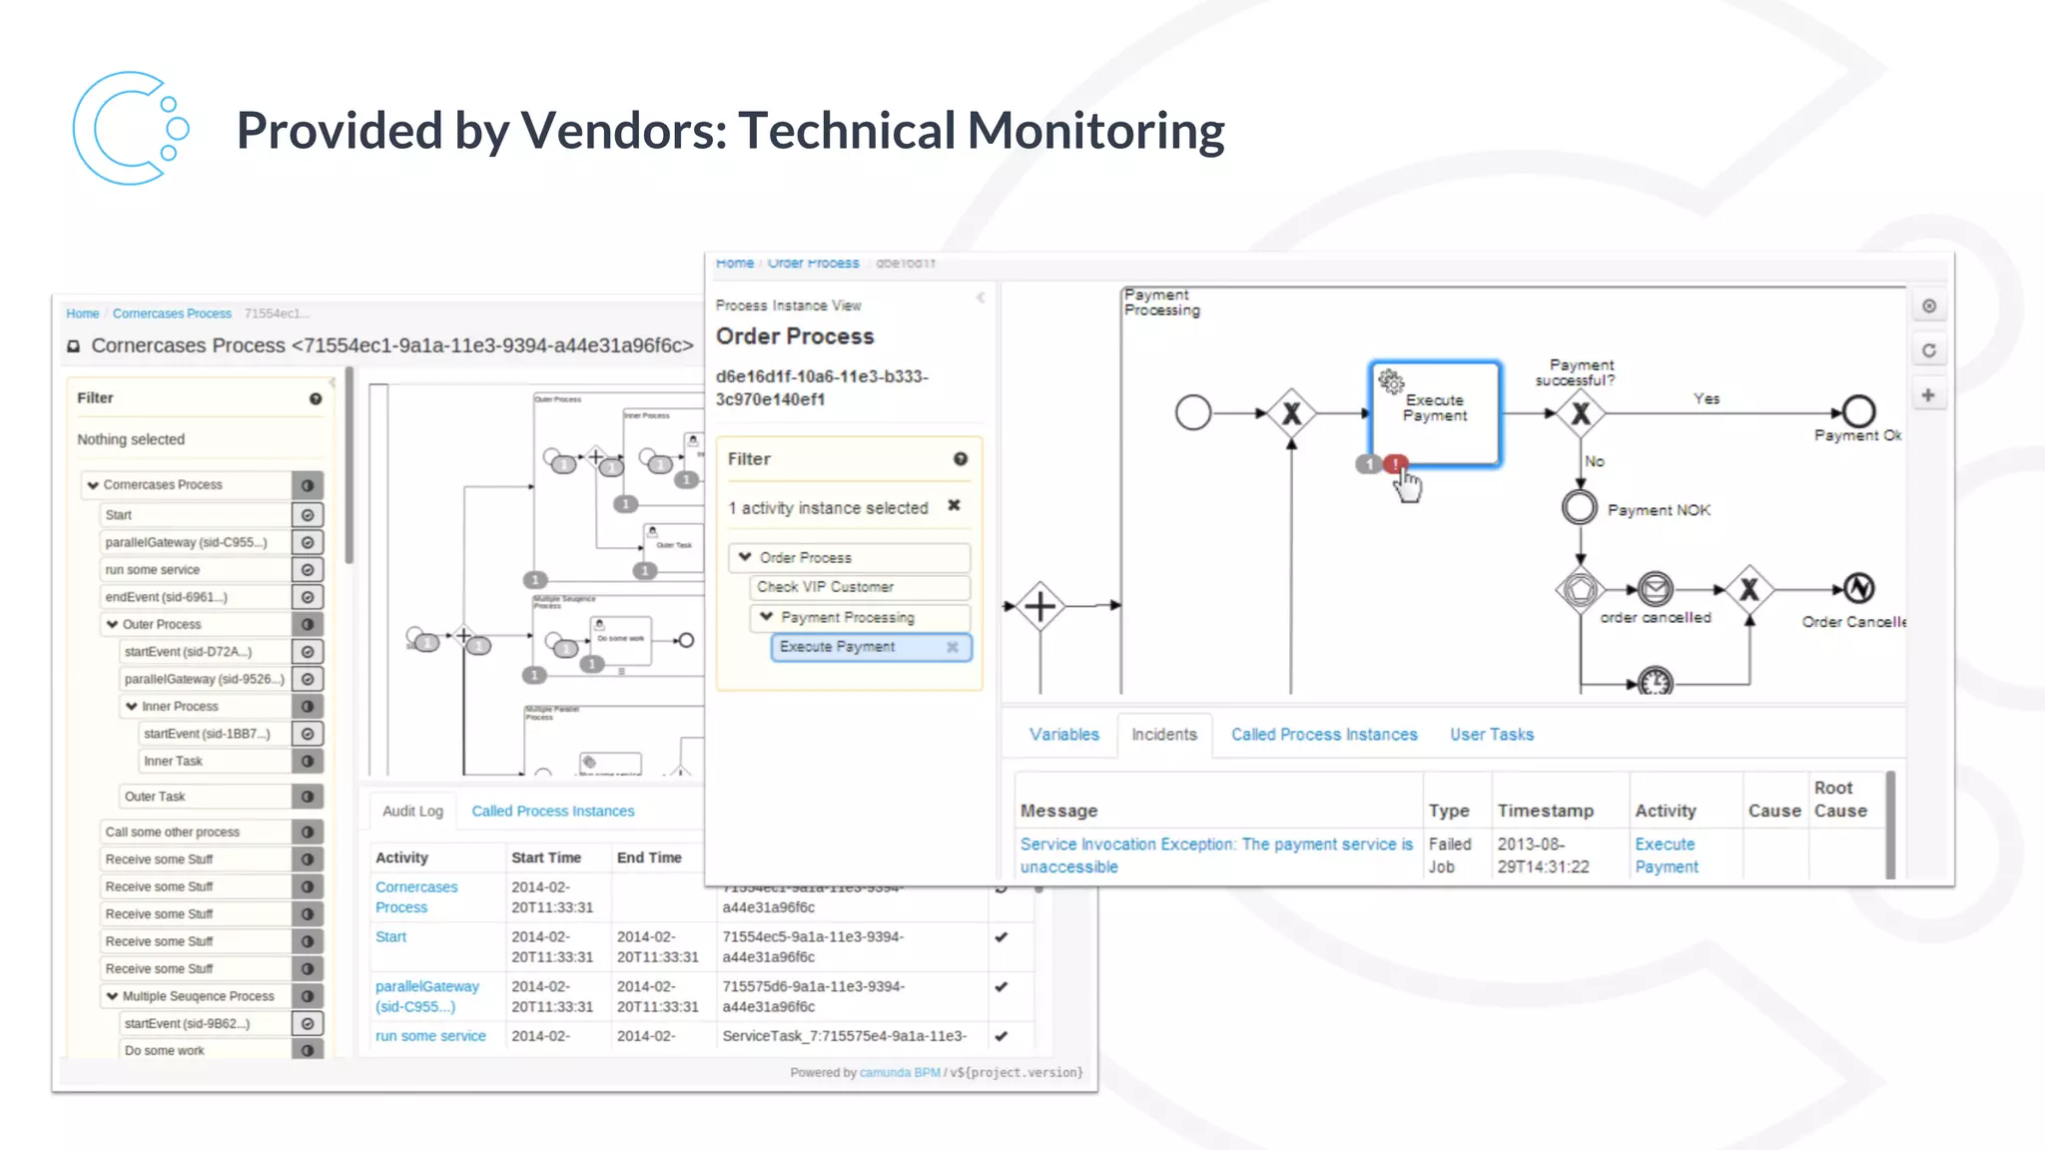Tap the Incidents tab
1163,735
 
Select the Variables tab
1063,735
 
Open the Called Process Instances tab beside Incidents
1323,735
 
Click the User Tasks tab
1491,735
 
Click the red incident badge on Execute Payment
1395,464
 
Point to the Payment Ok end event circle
1858,411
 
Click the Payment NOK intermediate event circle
1579,507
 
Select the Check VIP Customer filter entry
825,587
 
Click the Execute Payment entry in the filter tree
837,647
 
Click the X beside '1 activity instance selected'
954,506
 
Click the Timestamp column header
1545,811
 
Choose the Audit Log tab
412,811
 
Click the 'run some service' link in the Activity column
430,1036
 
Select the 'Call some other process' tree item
172,832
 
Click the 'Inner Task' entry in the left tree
173,761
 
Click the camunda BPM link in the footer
900,1072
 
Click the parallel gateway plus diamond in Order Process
1039,606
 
